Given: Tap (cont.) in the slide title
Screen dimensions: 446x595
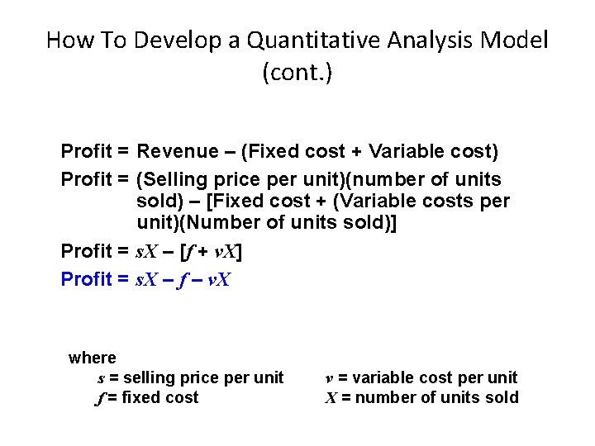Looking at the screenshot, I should point(297,73).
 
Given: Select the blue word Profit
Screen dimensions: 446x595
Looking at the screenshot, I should point(87,279).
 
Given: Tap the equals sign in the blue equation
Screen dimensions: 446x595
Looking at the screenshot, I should point(122,279).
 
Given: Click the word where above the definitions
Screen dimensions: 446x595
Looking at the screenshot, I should point(93,358).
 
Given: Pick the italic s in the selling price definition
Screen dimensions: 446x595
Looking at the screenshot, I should point(101,378).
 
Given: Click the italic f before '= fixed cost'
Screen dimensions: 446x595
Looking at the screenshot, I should point(100,398).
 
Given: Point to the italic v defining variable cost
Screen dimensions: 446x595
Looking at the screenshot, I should point(329,378).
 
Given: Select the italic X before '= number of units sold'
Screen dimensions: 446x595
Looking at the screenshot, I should point(331,398).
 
